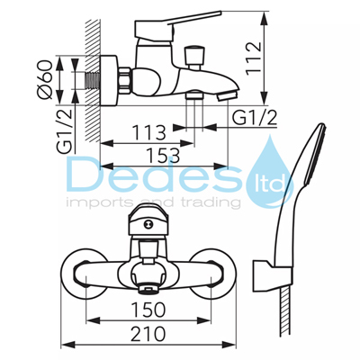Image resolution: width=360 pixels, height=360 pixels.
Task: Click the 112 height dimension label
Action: coord(254,58)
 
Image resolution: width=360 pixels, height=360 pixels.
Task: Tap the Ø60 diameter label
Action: coord(45,79)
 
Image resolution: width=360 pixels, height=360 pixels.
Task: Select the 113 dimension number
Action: coord(149,132)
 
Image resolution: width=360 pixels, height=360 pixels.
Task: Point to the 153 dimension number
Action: coord(164,156)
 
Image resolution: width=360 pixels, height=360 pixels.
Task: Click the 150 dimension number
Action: coord(148,310)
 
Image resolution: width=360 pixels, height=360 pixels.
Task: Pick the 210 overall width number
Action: coord(148,333)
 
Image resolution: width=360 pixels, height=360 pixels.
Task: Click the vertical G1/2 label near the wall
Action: coord(65,131)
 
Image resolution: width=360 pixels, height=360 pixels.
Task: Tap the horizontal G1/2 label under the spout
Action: coord(255,118)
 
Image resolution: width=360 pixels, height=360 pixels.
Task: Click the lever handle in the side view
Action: coord(177,26)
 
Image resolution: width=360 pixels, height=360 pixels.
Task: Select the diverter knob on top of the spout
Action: coord(194,58)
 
